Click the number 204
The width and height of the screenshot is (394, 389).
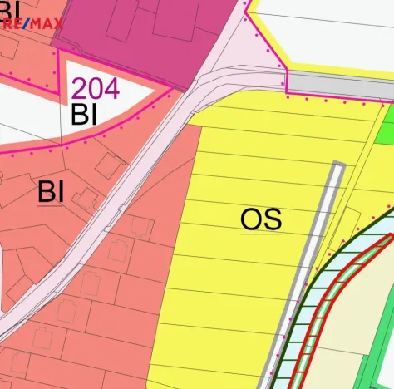[95, 88]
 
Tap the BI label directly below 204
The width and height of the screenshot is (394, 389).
[84, 115]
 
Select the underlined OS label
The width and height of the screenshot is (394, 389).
[261, 219]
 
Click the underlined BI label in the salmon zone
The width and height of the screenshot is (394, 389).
[51, 192]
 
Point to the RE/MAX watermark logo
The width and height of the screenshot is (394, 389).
[32, 24]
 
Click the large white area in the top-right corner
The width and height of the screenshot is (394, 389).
[332, 33]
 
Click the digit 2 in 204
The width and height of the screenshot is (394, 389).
[80, 88]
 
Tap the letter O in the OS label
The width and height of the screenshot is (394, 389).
[251, 219]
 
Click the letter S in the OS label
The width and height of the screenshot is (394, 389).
[272, 219]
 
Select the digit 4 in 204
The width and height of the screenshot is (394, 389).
[111, 88]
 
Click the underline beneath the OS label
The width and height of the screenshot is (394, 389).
[261, 234]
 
